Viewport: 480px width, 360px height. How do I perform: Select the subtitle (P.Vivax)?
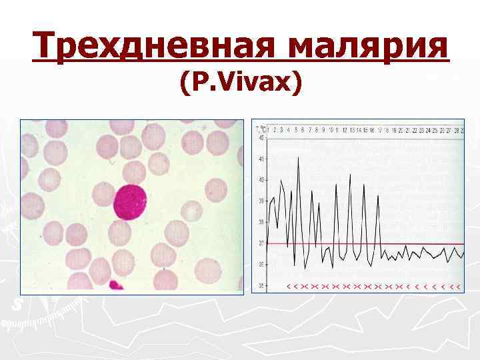pyautogui.click(x=240, y=83)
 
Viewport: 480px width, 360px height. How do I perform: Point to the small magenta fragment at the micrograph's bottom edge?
pyautogui.click(x=115, y=285)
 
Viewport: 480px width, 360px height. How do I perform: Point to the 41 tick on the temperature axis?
pyautogui.click(x=261, y=159)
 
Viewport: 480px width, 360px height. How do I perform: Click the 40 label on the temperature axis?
pyautogui.click(x=261, y=180)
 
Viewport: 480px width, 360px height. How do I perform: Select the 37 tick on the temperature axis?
pyautogui.click(x=261, y=243)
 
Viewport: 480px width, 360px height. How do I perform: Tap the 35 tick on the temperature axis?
pyautogui.click(x=261, y=286)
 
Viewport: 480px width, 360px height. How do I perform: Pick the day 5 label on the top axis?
pyautogui.click(x=297, y=129)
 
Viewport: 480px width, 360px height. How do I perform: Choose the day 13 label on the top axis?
pyautogui.click(x=351, y=129)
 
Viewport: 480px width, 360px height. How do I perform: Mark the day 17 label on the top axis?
pyautogui.click(x=379, y=129)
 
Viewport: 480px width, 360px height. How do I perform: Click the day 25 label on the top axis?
pyautogui.click(x=434, y=129)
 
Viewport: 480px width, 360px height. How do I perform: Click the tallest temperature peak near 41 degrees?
pyautogui.click(x=298, y=157)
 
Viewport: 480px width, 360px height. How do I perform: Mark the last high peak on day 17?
pyautogui.click(x=378, y=195)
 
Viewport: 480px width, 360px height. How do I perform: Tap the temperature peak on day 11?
pyautogui.click(x=336, y=185)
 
